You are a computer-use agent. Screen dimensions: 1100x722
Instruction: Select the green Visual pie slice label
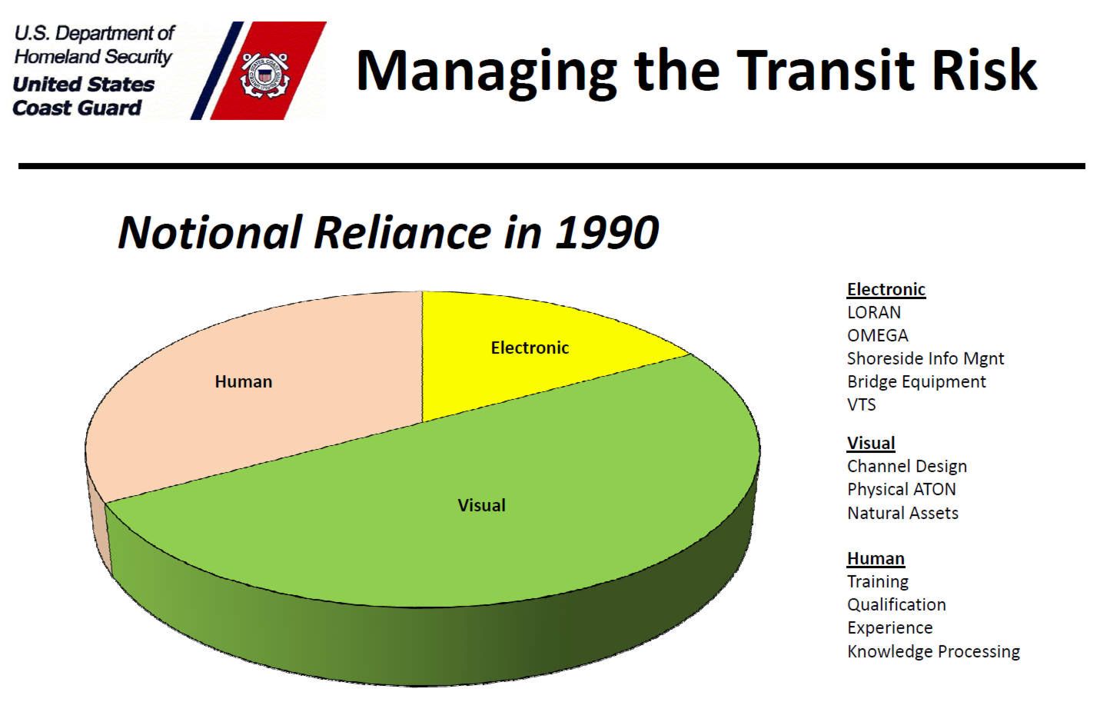pos(482,505)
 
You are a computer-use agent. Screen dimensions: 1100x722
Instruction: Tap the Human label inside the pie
pos(244,381)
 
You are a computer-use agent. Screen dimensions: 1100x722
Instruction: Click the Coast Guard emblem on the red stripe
pos(265,75)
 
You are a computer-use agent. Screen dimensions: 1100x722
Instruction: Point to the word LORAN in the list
pos(874,312)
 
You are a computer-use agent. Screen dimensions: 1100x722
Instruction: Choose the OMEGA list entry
pos(878,335)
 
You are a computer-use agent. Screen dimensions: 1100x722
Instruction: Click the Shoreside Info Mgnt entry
pos(926,359)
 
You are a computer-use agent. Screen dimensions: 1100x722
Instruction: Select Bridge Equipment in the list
pos(916,382)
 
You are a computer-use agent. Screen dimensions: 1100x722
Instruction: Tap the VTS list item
pos(862,404)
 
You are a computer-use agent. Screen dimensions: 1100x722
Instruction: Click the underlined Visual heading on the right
pos(871,444)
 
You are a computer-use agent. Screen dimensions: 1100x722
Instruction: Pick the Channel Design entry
pos(907,467)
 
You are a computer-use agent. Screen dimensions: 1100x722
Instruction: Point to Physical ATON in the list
pos(902,490)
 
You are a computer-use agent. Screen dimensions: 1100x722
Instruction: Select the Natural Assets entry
pos(902,514)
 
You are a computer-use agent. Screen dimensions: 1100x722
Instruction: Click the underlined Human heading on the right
pos(876,559)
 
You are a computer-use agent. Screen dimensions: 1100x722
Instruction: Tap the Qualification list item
pos(897,605)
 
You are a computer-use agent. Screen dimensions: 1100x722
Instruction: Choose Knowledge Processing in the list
pos(933,652)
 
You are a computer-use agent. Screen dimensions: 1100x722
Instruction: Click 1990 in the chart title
pos(607,232)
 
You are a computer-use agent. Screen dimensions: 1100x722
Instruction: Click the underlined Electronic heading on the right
pos(886,290)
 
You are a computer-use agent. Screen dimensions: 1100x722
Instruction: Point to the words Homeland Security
pos(93,57)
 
